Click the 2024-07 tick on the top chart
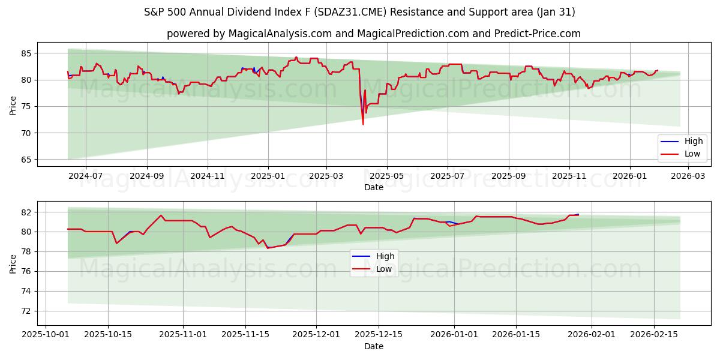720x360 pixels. [x=85, y=176]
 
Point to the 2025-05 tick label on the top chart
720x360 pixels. [x=386, y=176]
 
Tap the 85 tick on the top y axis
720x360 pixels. [x=26, y=53]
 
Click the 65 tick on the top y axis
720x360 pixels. [x=26, y=160]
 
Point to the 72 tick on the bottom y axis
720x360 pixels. [x=26, y=311]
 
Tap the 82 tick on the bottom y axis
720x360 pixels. [x=26, y=212]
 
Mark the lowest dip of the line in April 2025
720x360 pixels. [x=363, y=124]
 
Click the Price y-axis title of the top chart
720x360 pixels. [x=13, y=105]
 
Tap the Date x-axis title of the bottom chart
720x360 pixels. [x=373, y=346]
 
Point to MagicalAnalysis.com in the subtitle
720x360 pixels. [x=280, y=34]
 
